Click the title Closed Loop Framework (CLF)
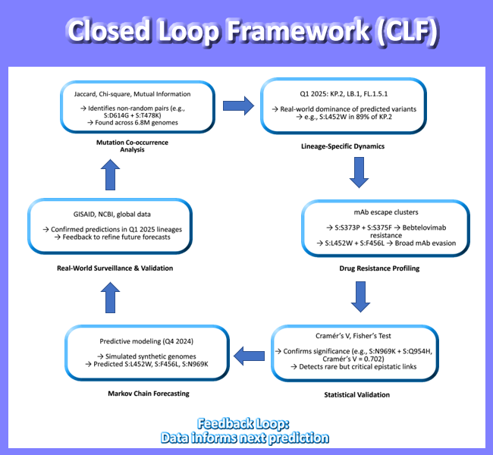tap(246, 32)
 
